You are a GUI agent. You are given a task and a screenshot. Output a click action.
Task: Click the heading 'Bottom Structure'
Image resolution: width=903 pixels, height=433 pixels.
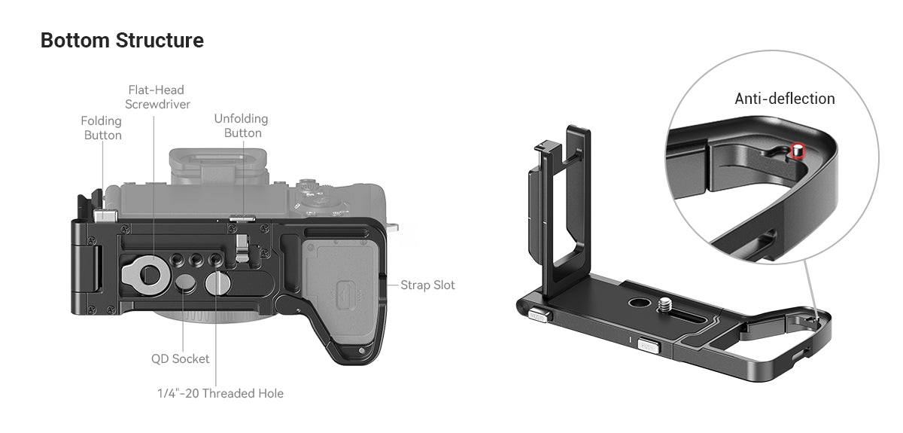coord(122,40)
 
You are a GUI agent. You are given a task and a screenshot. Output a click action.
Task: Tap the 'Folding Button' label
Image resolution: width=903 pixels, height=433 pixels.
coord(102,128)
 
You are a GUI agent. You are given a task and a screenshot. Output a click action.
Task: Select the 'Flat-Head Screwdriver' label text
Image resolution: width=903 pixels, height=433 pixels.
coord(157,97)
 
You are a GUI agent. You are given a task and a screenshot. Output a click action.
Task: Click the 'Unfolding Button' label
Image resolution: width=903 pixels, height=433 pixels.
coord(242,126)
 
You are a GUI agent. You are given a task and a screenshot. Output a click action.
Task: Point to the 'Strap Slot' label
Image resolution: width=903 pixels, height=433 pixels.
coord(427,285)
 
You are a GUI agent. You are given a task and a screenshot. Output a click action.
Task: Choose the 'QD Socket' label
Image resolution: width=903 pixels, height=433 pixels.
coord(180,358)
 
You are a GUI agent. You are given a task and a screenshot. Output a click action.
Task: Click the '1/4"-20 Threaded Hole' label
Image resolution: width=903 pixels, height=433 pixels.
coord(220,393)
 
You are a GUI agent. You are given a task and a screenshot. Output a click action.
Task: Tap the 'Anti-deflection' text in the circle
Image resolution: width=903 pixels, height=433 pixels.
coord(784,99)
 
